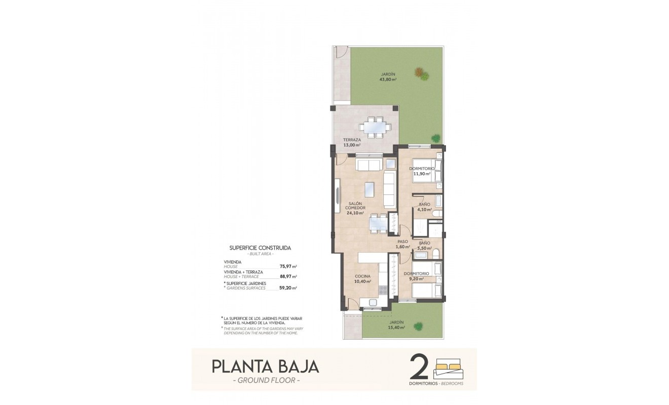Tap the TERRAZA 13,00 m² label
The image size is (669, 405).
point(352,142)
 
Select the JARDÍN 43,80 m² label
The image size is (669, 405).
point(388,77)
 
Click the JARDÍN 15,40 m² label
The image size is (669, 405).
point(397,325)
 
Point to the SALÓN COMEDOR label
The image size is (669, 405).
point(355,208)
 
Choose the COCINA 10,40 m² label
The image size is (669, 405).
point(363,278)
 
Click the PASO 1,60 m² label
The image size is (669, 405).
point(402,244)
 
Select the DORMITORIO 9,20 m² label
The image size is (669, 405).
point(417,276)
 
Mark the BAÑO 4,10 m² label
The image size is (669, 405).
point(425,207)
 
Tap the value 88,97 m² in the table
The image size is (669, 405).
point(288,276)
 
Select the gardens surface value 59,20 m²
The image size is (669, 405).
point(288,288)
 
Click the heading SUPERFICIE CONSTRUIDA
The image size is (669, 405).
point(261,249)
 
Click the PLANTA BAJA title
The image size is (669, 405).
point(265,366)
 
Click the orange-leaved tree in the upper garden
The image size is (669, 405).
point(419,72)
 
